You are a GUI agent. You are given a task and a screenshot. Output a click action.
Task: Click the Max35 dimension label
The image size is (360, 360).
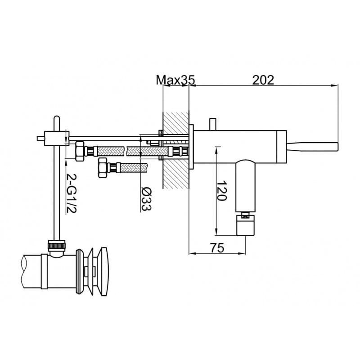[175, 80]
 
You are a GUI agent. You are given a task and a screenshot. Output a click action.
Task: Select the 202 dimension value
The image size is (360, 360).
[263, 80]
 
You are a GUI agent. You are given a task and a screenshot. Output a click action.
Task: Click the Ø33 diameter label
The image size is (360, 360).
[146, 198]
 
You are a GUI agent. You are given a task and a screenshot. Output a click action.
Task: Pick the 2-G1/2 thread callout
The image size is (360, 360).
[71, 193]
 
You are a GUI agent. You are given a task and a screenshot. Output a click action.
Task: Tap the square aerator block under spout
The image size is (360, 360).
[245, 225]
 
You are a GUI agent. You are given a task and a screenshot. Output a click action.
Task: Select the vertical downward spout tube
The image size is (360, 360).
[245, 185]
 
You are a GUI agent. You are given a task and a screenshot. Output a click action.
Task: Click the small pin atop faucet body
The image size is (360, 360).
[213, 125]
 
